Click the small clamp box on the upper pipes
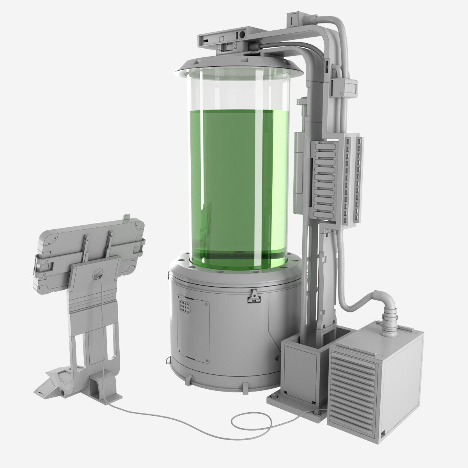click(343, 88)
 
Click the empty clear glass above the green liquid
click(234, 90)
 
